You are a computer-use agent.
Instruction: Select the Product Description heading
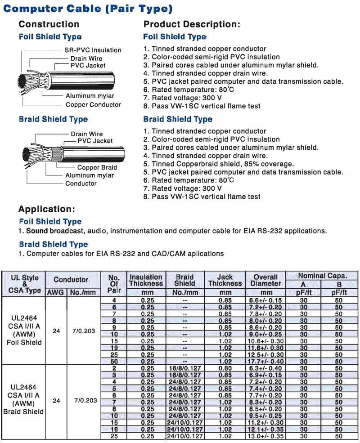pyautogui.click(x=192, y=24)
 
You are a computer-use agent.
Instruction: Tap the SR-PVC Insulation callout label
pyautogui.click(x=92, y=50)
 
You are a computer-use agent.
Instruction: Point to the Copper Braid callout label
pyautogui.click(x=97, y=167)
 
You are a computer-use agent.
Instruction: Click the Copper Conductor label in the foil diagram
pyautogui.click(x=93, y=105)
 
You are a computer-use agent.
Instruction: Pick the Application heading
pyautogui.click(x=46, y=209)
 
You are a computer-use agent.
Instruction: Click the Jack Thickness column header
pyautogui.click(x=225, y=280)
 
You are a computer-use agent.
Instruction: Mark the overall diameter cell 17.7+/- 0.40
pyautogui.click(x=266, y=361)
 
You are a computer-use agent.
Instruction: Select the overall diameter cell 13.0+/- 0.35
pyautogui.click(x=266, y=436)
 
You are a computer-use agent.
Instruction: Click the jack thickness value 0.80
pyautogui.click(x=225, y=368)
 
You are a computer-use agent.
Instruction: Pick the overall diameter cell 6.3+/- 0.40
pyautogui.click(x=266, y=368)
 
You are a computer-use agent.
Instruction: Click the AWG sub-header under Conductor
pyautogui.click(x=56, y=292)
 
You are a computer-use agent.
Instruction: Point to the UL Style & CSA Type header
pyautogui.click(x=24, y=284)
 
